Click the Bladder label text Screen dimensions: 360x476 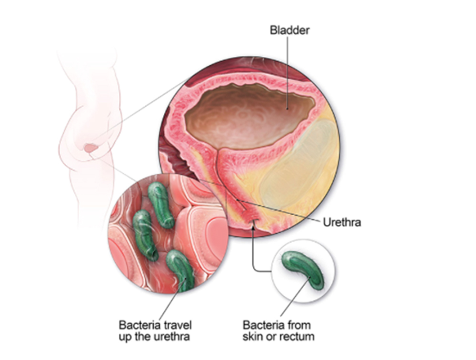(x=290, y=30)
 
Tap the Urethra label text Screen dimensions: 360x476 (x=342, y=222)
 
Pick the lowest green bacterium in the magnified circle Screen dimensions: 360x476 (x=182, y=269)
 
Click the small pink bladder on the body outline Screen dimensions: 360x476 (x=91, y=149)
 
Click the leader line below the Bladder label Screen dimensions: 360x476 (x=288, y=71)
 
